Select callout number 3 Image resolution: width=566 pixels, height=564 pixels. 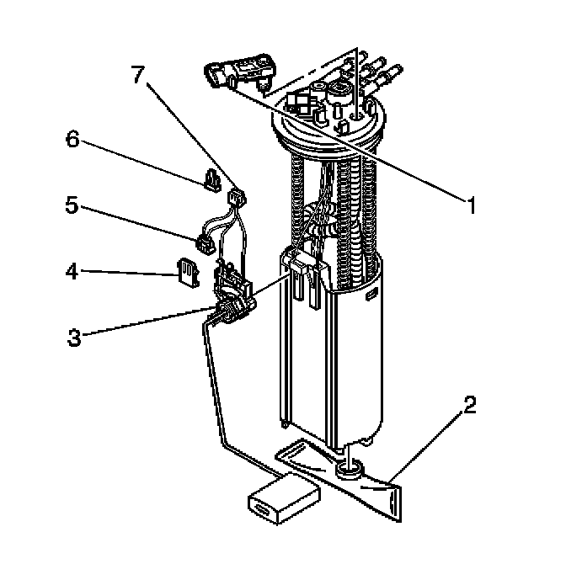click(75, 338)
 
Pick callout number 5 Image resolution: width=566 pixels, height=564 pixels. click(73, 205)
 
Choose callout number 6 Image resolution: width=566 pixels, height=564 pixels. click(73, 140)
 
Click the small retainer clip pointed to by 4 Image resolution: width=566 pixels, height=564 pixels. click(187, 272)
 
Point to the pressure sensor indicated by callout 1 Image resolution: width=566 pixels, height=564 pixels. click(239, 72)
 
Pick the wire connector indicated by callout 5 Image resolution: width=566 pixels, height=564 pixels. click(204, 244)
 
